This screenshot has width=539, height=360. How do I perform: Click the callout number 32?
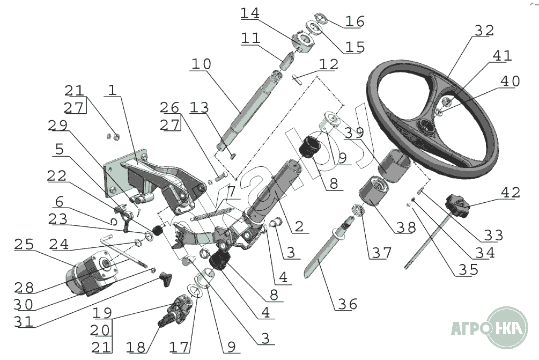point(484,31)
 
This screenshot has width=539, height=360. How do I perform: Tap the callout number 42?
point(511,193)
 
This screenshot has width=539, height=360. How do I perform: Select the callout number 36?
point(348,304)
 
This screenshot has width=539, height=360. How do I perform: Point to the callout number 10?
point(201,64)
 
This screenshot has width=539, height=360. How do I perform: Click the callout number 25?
point(24,244)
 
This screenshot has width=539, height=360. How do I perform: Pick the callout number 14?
point(249,13)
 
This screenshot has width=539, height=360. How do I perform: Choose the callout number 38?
point(407,227)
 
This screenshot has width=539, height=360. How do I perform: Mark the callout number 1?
point(113,90)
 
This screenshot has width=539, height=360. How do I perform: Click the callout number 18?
point(136,347)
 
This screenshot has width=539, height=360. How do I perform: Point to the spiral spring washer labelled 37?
point(359,210)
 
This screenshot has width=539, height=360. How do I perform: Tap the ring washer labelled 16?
point(320,18)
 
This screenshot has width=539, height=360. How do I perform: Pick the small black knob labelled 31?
point(166,279)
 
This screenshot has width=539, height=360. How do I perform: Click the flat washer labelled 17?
point(195,291)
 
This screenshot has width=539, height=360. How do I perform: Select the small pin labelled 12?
point(298,79)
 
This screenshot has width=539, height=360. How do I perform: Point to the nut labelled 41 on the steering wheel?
point(447,101)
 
